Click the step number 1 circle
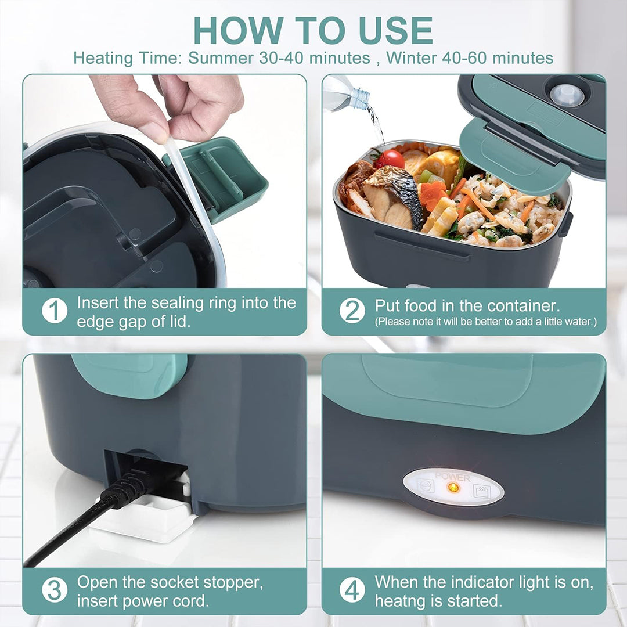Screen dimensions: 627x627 point(55,311)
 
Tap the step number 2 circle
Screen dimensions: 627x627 point(352,311)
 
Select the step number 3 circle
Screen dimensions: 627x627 point(55,590)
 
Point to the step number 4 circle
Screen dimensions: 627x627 point(352,590)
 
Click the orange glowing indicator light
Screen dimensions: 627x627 point(454,488)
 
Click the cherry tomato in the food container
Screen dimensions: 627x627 point(392,158)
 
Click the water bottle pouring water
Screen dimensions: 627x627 point(347,94)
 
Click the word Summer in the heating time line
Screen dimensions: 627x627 point(221,58)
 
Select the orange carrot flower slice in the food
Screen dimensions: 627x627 point(433,195)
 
